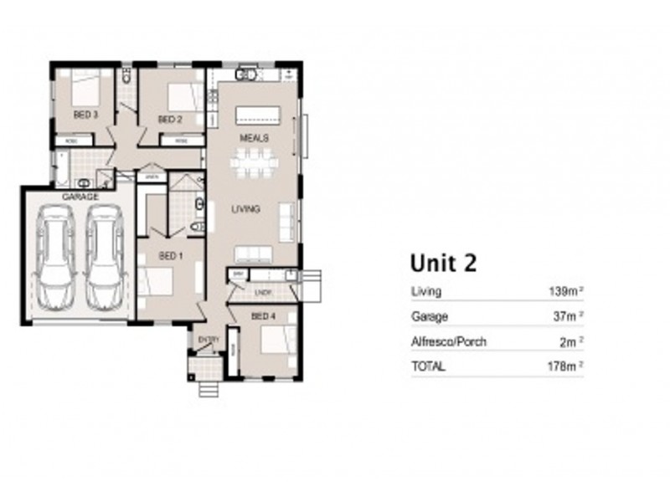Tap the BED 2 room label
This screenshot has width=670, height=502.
pyautogui.click(x=170, y=120)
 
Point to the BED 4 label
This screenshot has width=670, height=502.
pyautogui.click(x=262, y=315)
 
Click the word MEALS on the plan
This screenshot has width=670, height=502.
pyautogui.click(x=254, y=136)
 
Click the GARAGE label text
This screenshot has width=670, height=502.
pyautogui.click(x=81, y=197)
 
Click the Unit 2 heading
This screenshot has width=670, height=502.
pyautogui.click(x=443, y=263)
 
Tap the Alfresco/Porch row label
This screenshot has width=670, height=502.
pyautogui.click(x=448, y=341)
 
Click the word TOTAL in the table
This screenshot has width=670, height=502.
pyautogui.click(x=428, y=366)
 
